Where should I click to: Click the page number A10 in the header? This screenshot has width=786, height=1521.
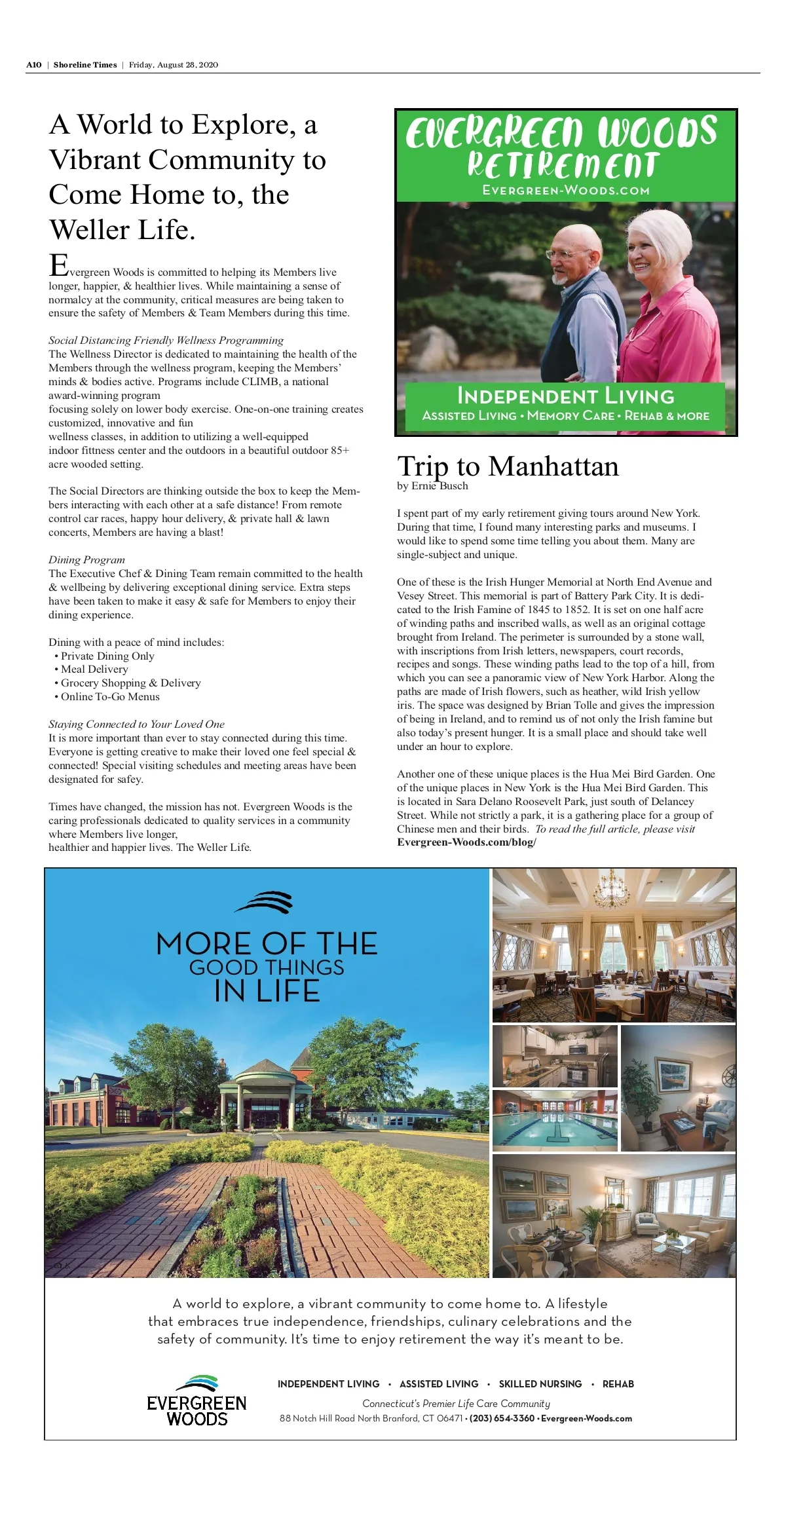33,65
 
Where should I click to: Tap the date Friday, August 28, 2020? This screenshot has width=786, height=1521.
174,65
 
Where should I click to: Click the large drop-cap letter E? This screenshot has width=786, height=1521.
59,265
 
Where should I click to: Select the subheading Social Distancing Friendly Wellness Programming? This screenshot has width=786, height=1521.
166,340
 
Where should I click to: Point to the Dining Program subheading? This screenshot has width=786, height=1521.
86,559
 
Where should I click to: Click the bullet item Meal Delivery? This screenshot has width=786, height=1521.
94,669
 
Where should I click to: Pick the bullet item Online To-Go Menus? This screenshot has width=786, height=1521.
110,696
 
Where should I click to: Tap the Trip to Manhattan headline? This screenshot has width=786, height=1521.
508,466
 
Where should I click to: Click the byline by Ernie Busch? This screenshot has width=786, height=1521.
432,486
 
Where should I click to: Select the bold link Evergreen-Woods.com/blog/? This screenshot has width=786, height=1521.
466,842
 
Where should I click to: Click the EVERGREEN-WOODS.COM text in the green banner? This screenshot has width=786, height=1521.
566,191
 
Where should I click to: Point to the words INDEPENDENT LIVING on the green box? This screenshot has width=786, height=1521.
565,396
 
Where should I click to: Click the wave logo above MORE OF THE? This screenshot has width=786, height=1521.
264,902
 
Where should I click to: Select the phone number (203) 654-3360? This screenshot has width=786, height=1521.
502,1418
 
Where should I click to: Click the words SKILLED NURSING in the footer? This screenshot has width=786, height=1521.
540,1383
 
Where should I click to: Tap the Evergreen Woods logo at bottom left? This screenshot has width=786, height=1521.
196,1401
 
